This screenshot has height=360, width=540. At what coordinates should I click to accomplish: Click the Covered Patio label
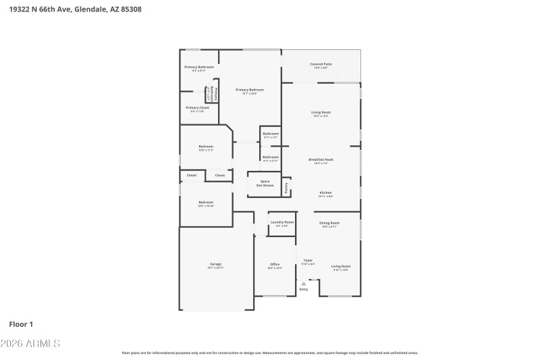[x=321, y=64]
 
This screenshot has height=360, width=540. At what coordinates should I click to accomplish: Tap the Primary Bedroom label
[x=249, y=90]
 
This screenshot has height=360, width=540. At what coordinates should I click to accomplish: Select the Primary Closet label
[x=198, y=108]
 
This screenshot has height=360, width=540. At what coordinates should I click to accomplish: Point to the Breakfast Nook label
[x=321, y=159]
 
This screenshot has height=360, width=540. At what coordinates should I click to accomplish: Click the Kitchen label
[x=325, y=192]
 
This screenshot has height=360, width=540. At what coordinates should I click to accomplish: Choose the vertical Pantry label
[x=286, y=186]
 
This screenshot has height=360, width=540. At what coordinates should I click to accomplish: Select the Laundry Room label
[x=281, y=222]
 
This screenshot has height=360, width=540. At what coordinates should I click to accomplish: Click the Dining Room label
[x=330, y=223]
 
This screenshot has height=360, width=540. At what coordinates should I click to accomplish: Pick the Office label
[x=275, y=265]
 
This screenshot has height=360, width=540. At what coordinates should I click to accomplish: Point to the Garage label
[x=215, y=264]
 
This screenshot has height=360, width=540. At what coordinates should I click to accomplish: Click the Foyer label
[x=308, y=260]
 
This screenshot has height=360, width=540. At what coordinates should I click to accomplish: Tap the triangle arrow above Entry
[x=304, y=284]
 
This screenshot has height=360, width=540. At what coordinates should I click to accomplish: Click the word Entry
[x=304, y=290]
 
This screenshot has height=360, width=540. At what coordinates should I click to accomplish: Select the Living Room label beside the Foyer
[x=340, y=266]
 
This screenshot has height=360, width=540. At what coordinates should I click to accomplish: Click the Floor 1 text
[x=21, y=324]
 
